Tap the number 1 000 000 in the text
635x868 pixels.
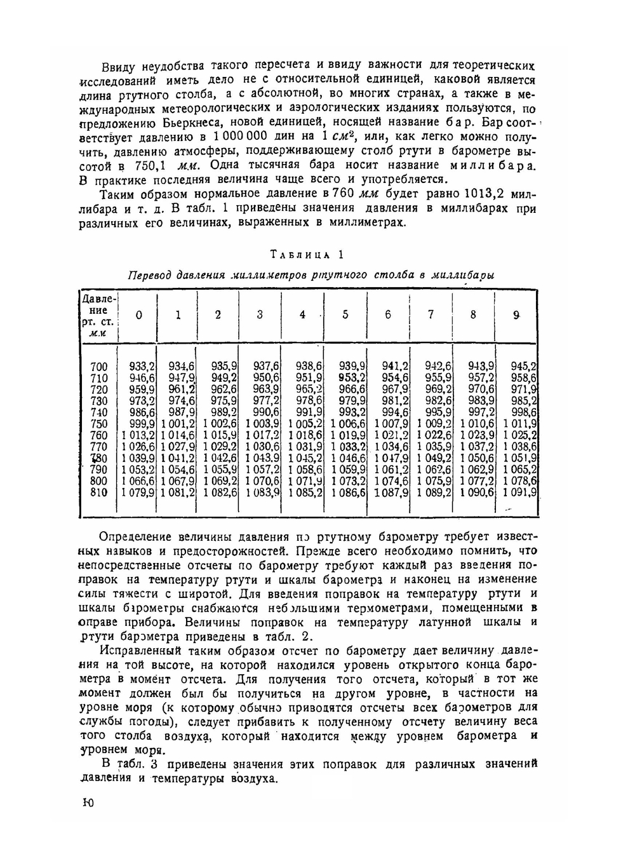240,137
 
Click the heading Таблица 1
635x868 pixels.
307,255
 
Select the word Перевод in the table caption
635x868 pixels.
150,275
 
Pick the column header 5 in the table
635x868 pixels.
345,315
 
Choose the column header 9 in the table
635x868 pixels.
516,315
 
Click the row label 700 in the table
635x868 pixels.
99,366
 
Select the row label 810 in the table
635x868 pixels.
99,492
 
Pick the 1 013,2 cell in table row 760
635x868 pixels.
138,435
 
